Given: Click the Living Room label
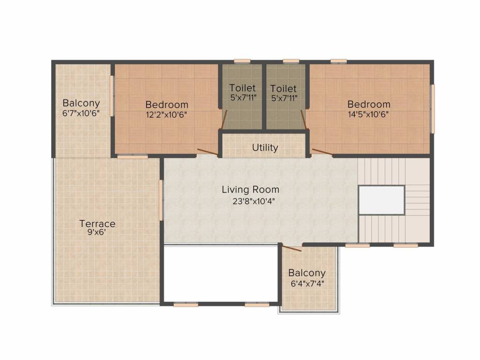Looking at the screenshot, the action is [x=250, y=190].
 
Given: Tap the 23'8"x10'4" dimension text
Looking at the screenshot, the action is [x=254, y=202].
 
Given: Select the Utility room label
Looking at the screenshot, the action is [x=265, y=148].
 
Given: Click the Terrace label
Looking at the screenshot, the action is [x=97, y=224].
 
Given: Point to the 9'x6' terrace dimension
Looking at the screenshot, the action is [x=97, y=232].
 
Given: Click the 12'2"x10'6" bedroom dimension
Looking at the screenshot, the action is [x=166, y=115].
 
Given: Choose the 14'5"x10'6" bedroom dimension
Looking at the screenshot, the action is [x=368, y=115].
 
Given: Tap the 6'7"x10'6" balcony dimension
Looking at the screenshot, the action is [x=81, y=113].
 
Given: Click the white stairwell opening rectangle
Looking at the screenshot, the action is [x=382, y=200].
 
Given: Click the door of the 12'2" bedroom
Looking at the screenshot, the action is [x=208, y=152].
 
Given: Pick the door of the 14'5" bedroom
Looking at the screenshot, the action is [x=322, y=152].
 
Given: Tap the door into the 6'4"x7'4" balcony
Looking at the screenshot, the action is [x=292, y=248].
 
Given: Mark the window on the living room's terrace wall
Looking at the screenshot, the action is [x=161, y=200].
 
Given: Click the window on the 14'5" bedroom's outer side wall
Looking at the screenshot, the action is [x=433, y=109].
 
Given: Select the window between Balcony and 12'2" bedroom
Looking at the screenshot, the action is [x=112, y=96].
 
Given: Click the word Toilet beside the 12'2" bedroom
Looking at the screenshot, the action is [x=242, y=88].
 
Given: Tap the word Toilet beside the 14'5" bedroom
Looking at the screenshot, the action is [x=284, y=89].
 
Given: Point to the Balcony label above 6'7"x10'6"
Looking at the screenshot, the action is [x=81, y=104].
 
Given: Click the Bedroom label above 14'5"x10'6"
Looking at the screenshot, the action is [x=369, y=105].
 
